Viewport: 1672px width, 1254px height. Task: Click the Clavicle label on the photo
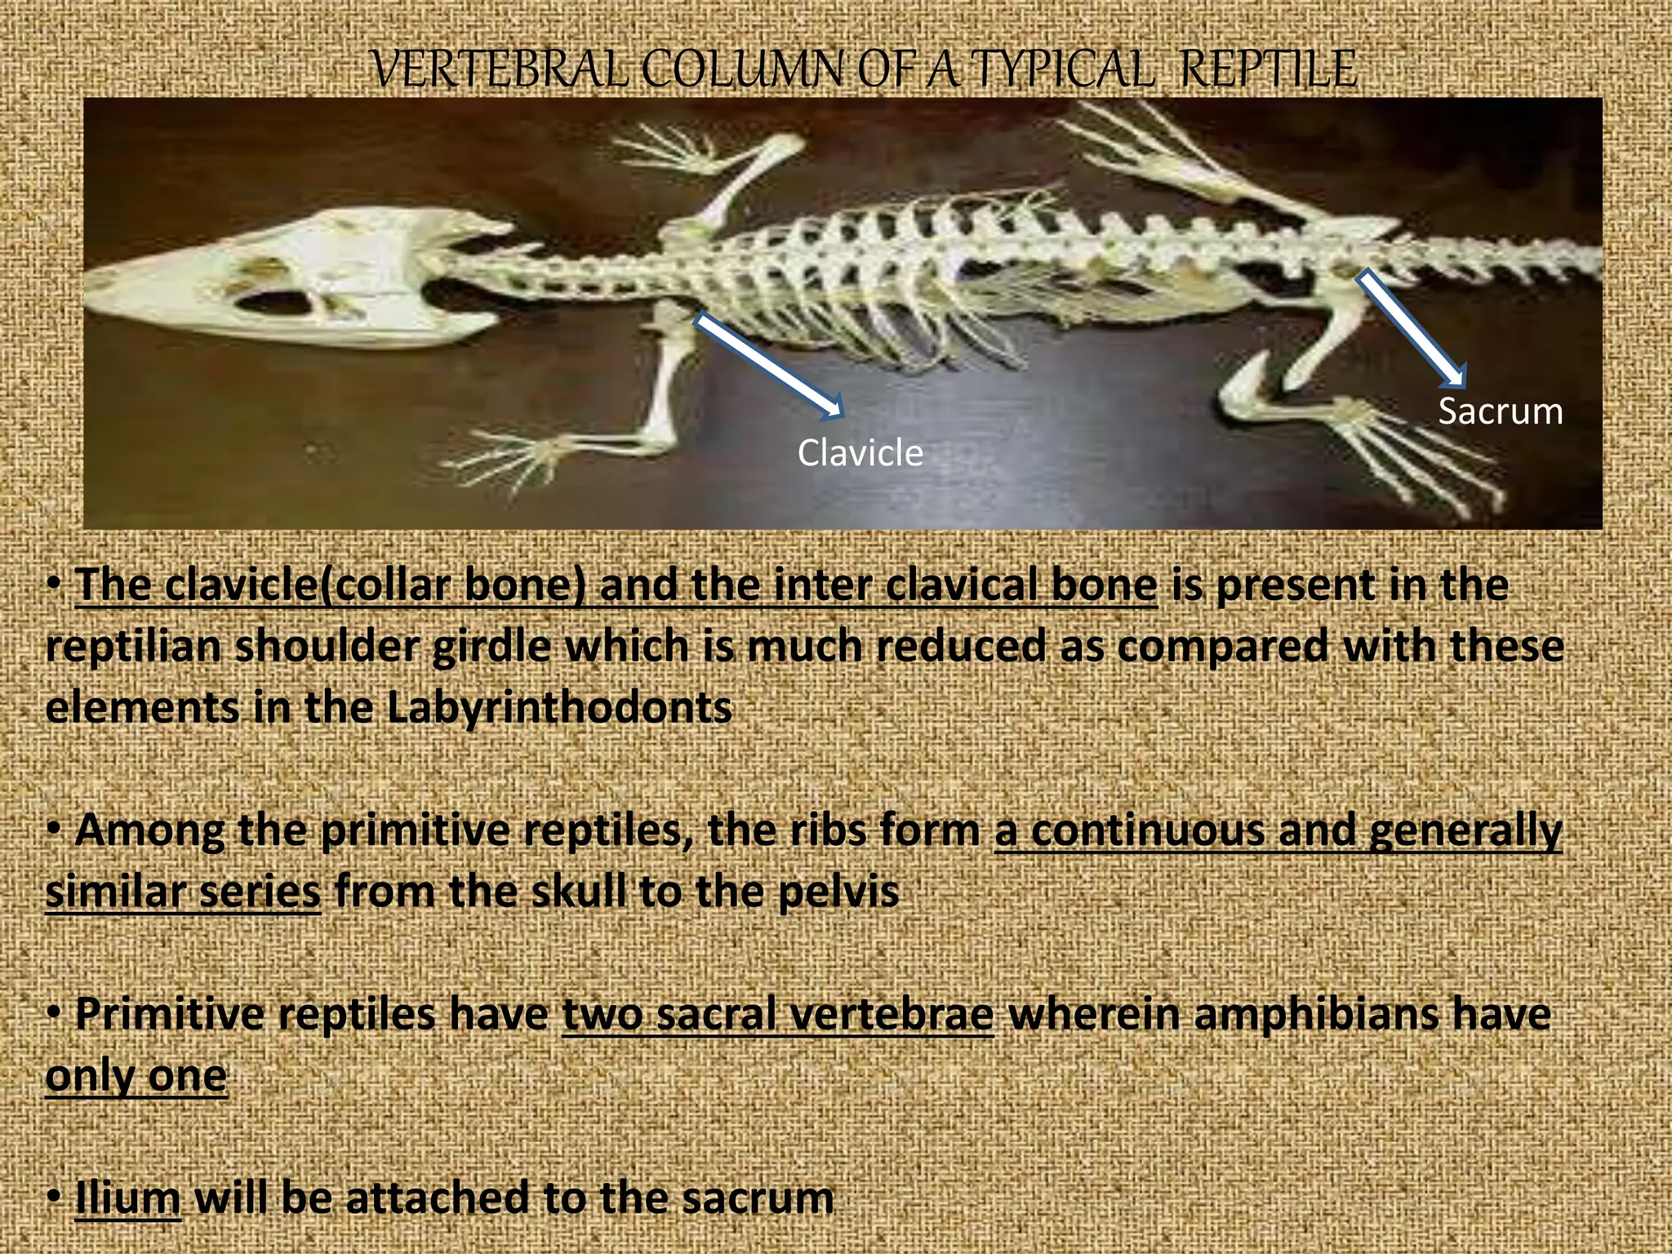coord(860,453)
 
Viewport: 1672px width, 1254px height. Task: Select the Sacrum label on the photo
coord(1500,411)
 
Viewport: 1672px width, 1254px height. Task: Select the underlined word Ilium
coord(127,1198)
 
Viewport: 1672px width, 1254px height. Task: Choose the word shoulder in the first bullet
coord(327,647)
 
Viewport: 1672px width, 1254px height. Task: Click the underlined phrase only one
coord(136,1076)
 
